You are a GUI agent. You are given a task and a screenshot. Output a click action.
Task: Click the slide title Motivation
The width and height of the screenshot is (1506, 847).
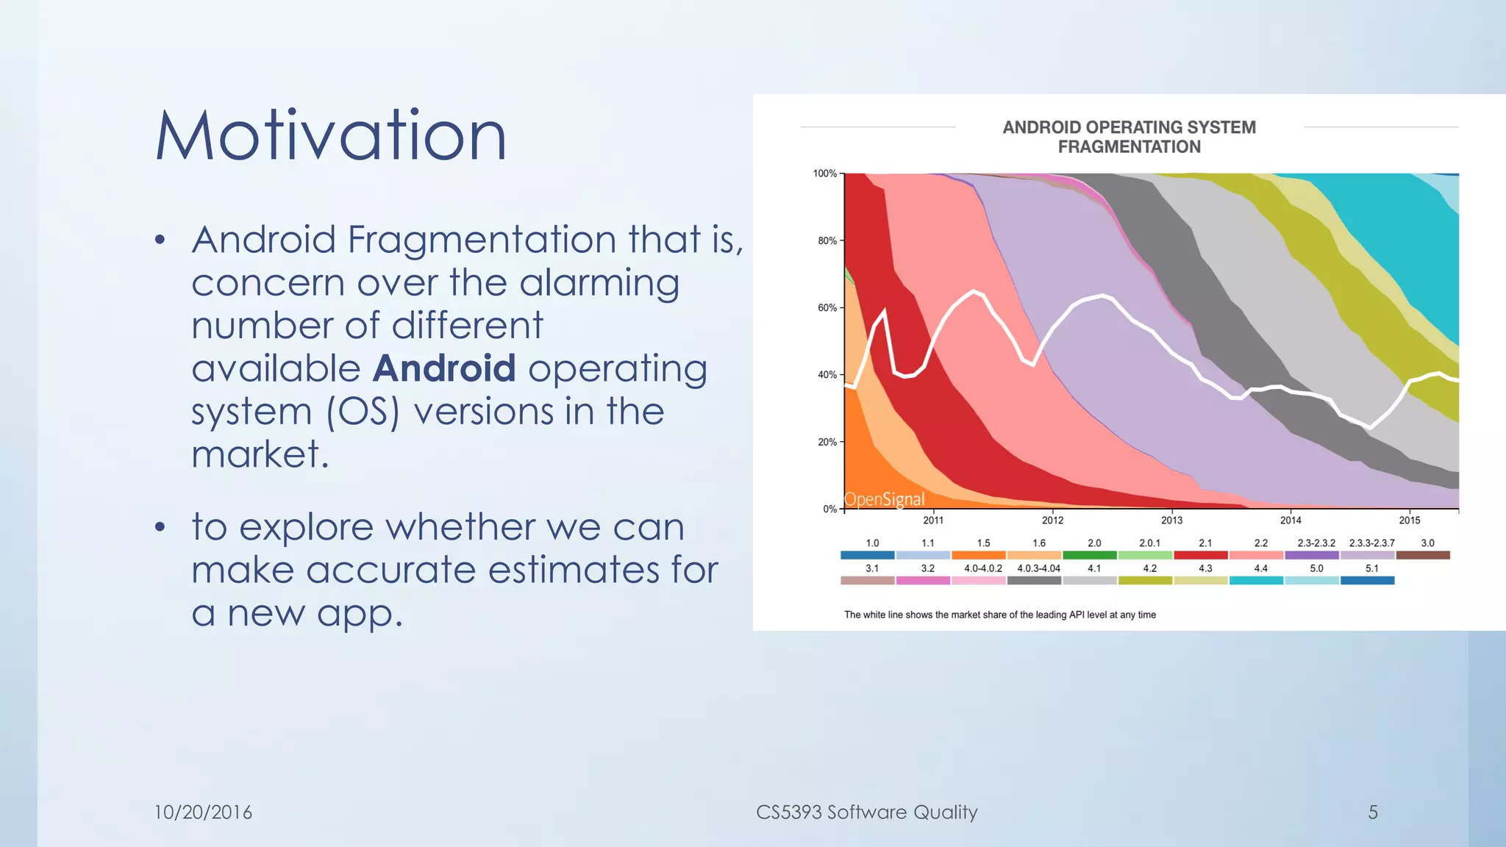point(331,136)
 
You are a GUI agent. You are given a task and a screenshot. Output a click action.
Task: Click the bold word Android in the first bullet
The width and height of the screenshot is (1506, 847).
point(444,368)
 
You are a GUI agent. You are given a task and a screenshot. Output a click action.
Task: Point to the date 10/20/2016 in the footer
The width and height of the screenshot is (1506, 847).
point(203,812)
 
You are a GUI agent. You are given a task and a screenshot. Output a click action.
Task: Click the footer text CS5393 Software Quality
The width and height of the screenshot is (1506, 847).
point(866,812)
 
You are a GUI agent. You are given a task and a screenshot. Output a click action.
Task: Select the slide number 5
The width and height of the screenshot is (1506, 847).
point(1372,812)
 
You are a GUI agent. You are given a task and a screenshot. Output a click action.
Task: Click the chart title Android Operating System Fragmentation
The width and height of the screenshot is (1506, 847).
point(1129,137)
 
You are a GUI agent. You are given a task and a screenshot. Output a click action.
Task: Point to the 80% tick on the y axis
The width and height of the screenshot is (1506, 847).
point(827,240)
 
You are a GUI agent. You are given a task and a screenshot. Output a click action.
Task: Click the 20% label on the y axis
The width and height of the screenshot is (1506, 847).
point(827,442)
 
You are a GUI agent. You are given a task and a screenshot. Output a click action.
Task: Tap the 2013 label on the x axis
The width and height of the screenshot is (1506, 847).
point(1171,521)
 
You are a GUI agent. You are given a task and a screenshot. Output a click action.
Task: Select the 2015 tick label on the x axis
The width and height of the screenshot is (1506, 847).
point(1409,521)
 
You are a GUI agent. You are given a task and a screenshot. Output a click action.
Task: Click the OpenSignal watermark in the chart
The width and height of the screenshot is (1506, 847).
point(884,499)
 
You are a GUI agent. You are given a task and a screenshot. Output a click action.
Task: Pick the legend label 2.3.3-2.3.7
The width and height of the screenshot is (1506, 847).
point(1371,543)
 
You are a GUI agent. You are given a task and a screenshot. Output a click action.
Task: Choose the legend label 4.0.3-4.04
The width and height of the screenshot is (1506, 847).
point(1038,568)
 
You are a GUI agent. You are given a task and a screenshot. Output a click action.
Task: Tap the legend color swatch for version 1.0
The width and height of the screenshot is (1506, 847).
point(868,556)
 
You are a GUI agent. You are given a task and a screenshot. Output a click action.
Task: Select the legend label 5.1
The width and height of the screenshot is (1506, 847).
point(1371,568)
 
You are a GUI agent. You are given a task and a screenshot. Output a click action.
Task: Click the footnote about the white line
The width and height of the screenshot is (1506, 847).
point(999,615)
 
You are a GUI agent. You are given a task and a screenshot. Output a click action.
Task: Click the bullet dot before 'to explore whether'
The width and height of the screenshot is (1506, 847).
point(160,527)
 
